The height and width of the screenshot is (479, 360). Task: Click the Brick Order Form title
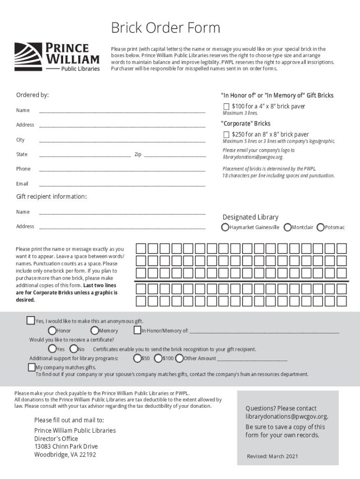point(165,29)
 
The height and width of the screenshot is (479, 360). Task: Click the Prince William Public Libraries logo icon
point(29,57)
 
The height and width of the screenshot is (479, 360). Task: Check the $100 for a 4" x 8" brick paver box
point(226,107)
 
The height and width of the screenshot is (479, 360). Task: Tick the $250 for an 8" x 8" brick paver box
point(226,135)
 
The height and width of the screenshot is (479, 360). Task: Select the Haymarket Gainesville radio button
point(225,227)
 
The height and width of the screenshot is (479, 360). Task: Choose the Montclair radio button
point(288,227)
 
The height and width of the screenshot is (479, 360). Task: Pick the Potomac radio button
point(321,227)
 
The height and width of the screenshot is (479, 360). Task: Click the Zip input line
point(175,155)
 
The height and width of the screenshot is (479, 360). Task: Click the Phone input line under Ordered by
point(122,169)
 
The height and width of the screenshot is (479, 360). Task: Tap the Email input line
point(122,184)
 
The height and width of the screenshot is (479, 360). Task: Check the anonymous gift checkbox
point(30,320)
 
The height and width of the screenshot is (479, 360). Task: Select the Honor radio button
point(52,331)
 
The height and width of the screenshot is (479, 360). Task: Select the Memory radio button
point(94,331)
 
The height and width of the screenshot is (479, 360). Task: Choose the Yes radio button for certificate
point(52,349)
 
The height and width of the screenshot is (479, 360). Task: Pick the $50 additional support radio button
point(137,358)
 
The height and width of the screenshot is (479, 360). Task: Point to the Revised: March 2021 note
point(272,457)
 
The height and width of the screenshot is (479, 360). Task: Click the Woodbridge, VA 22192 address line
point(65,455)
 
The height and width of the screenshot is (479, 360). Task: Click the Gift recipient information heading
point(51,196)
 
